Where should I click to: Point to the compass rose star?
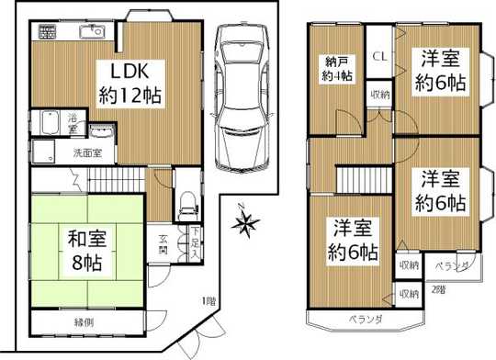coord(245,220)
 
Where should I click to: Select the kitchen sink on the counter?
coord(92,35)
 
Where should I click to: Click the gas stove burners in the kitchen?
coord(48,34)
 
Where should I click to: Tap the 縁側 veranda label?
coord(85,322)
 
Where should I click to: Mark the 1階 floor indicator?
coord(209,301)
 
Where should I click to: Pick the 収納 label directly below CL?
coord(378,95)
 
